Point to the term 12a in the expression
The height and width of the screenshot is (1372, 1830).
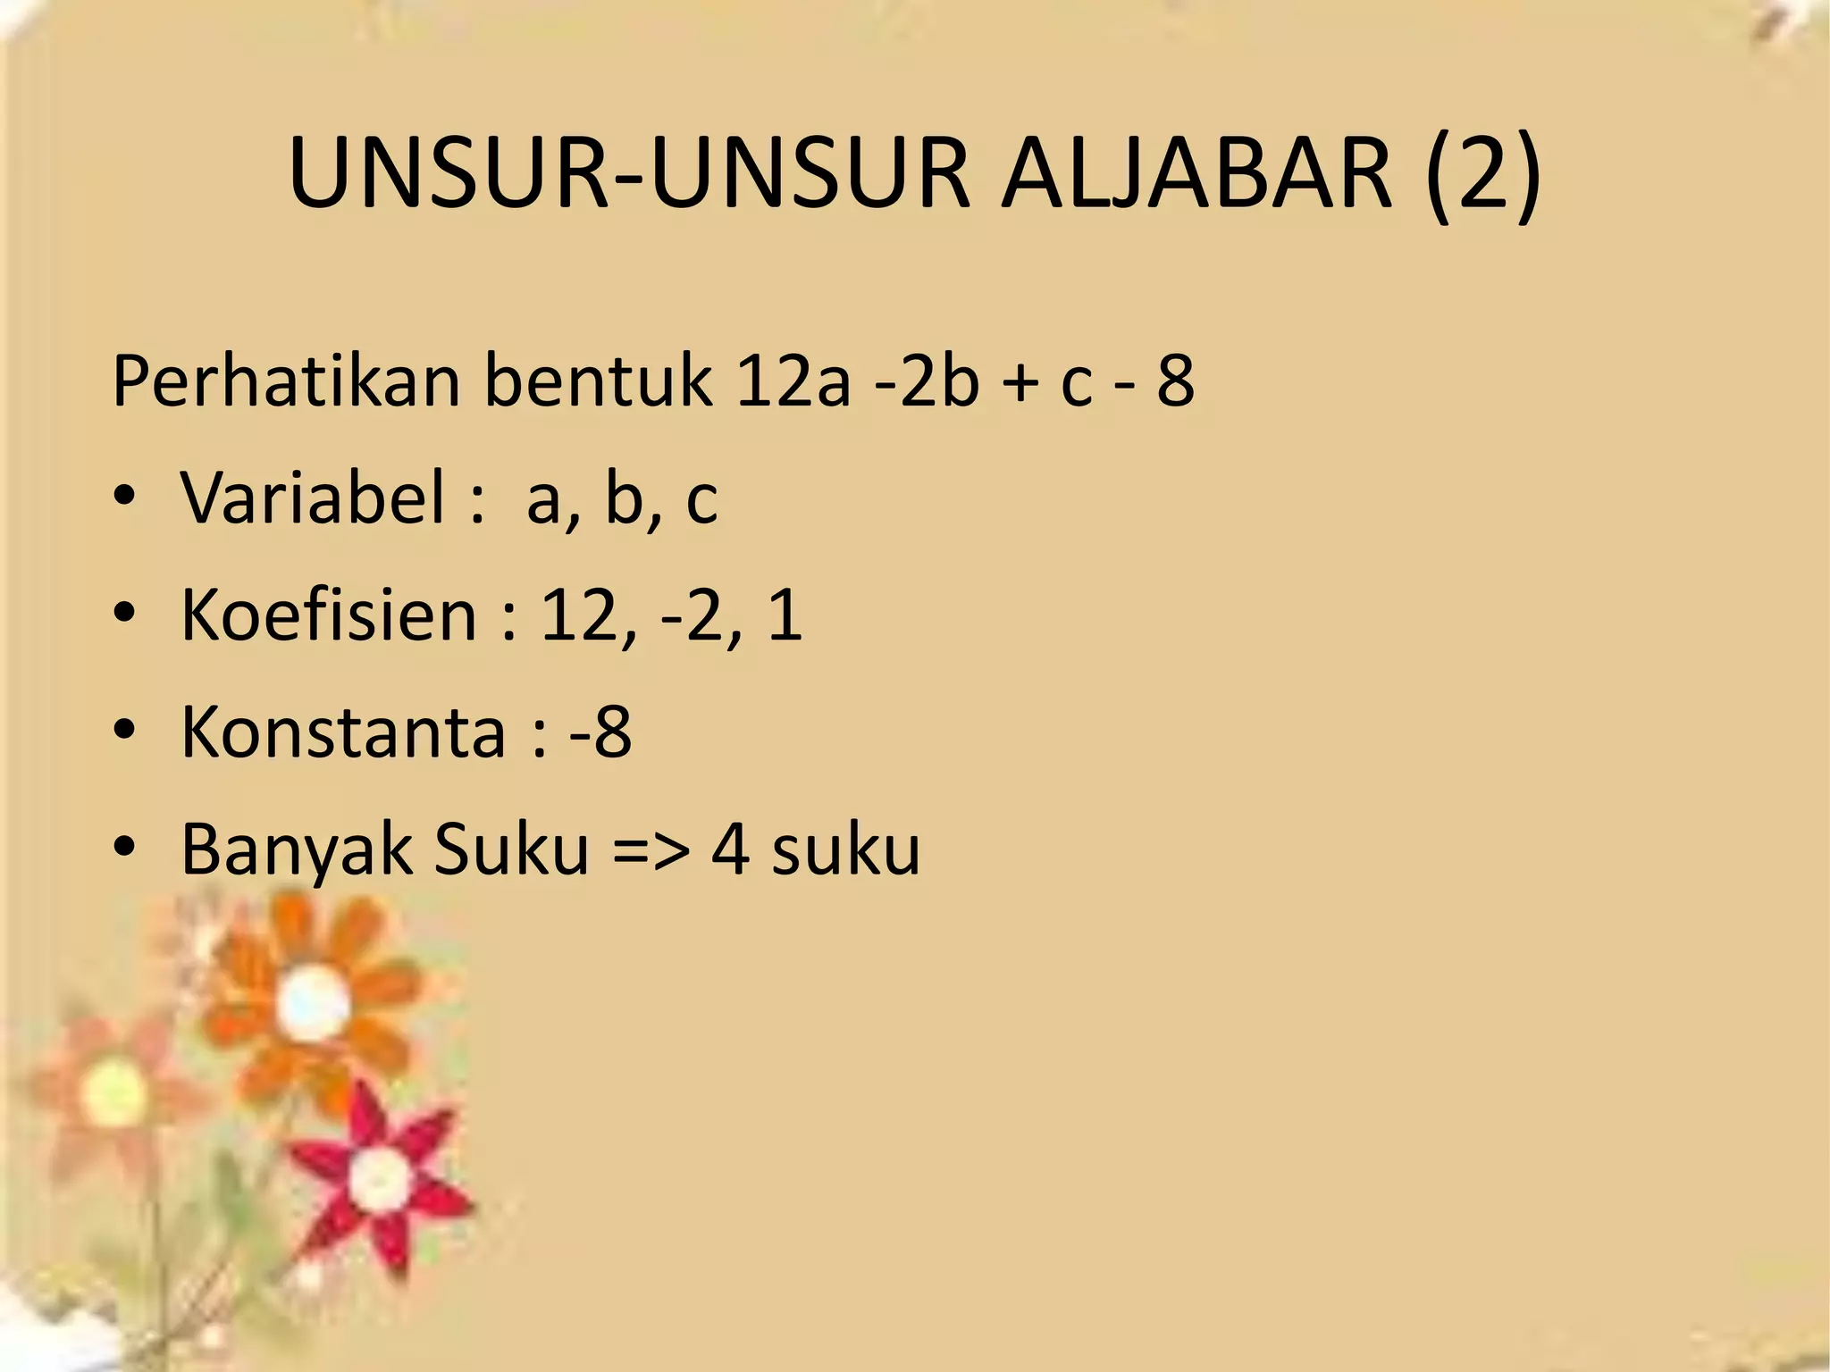[x=793, y=381]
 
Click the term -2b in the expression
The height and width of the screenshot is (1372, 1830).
[x=927, y=381]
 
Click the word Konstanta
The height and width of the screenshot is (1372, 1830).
[x=343, y=732]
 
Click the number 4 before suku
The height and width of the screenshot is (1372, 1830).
[x=730, y=849]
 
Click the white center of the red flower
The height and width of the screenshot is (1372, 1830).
[x=380, y=1177]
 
